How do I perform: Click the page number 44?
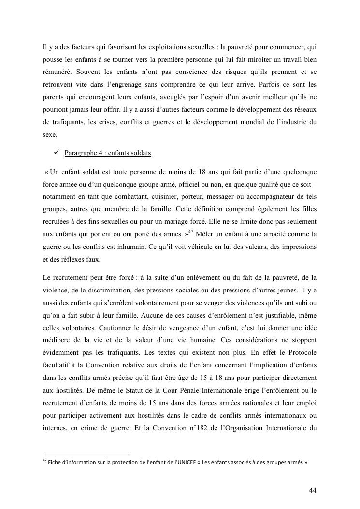coord(313,490)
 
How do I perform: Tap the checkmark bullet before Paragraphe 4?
coord(57,153)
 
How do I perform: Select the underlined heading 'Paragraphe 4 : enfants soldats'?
coord(107,153)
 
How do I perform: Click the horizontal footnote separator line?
coord(86,455)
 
